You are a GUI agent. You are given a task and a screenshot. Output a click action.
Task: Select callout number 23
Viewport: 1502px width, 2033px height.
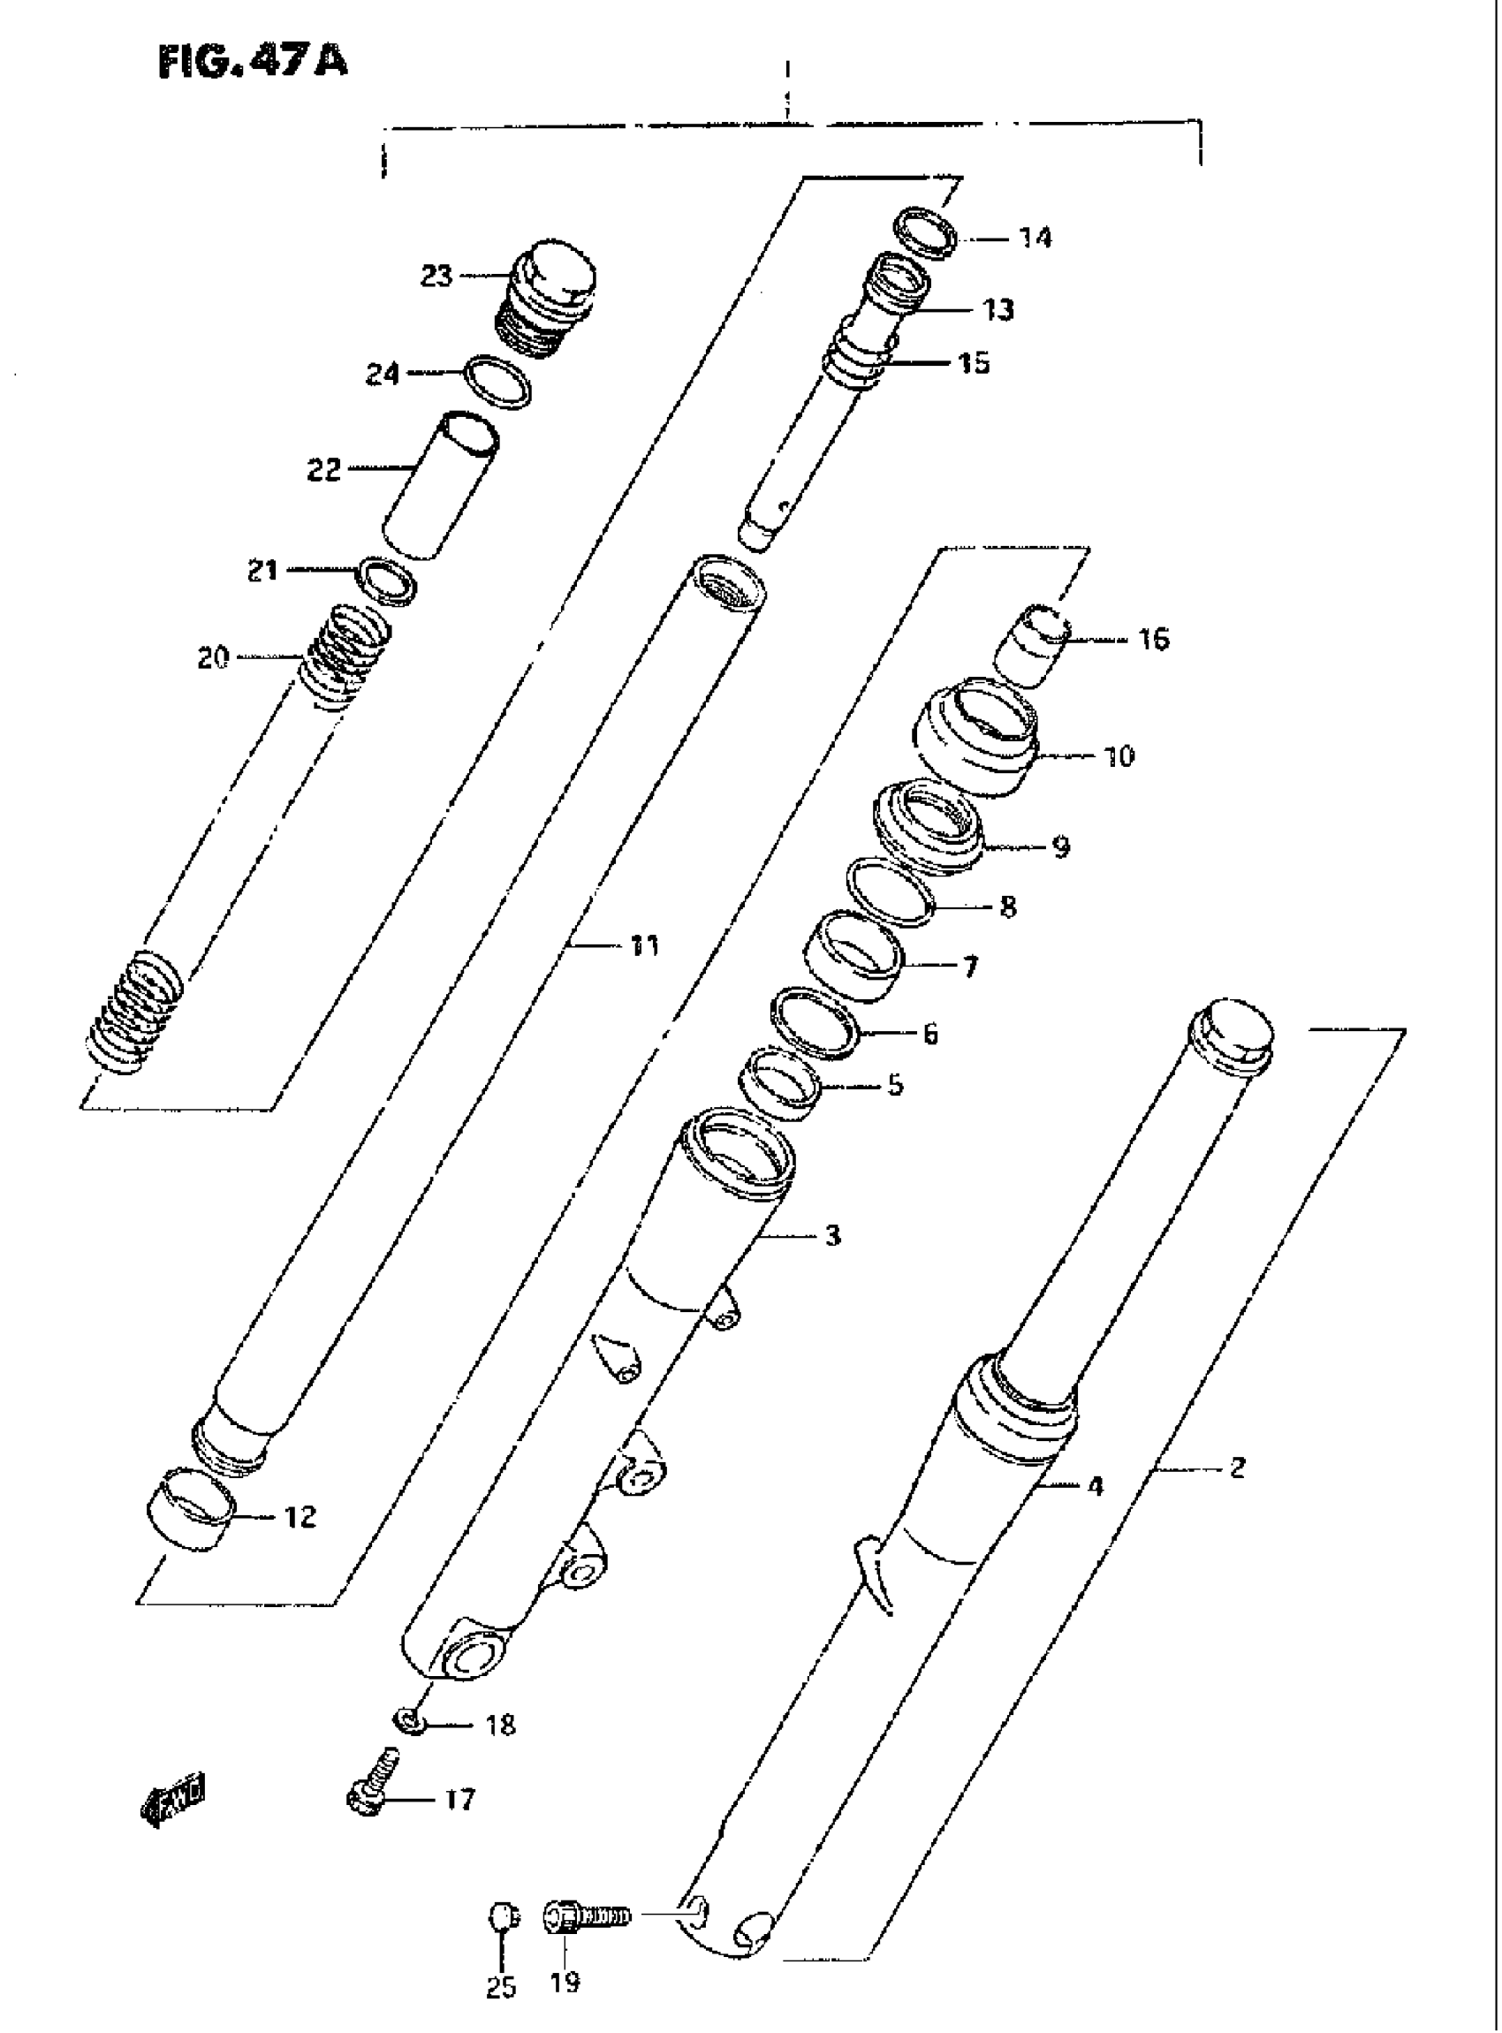(436, 275)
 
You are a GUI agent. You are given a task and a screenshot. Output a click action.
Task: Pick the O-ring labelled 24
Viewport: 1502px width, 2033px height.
(497, 383)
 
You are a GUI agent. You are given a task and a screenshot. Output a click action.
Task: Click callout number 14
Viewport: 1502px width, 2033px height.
(1035, 239)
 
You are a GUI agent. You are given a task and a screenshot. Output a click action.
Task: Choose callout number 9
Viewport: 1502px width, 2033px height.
(1060, 847)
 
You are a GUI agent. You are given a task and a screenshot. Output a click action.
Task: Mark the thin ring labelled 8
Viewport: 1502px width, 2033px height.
(890, 893)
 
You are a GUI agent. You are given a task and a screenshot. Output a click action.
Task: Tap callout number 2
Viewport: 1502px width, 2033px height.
(1237, 1467)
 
